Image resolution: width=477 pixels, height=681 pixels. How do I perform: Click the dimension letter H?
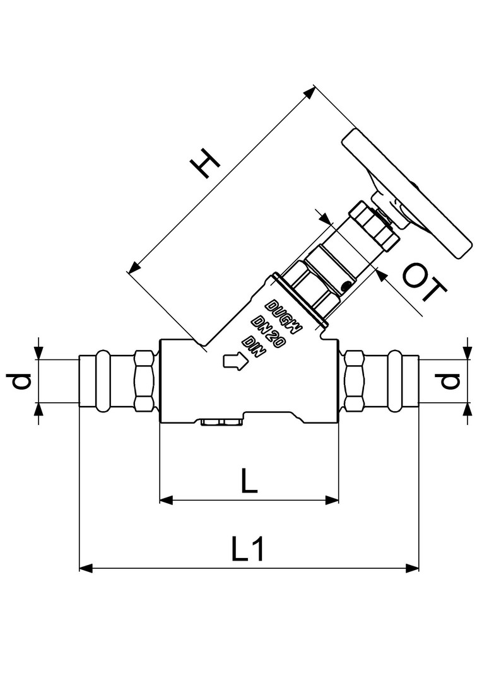(206, 163)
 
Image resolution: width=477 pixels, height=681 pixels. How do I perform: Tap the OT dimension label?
(424, 283)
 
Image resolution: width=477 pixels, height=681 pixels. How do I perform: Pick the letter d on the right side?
(449, 381)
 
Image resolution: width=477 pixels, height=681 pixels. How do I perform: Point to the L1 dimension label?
(249, 549)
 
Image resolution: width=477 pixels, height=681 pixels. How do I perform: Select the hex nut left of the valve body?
(144, 380)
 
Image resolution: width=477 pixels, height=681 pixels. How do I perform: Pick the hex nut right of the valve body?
(354, 380)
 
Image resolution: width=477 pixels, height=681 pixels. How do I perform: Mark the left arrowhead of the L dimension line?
(166, 500)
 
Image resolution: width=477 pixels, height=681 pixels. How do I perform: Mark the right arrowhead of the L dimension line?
(333, 500)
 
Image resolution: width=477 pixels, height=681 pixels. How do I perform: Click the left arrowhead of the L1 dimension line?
(86, 568)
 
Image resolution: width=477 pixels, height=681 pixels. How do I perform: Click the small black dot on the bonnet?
(345, 287)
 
